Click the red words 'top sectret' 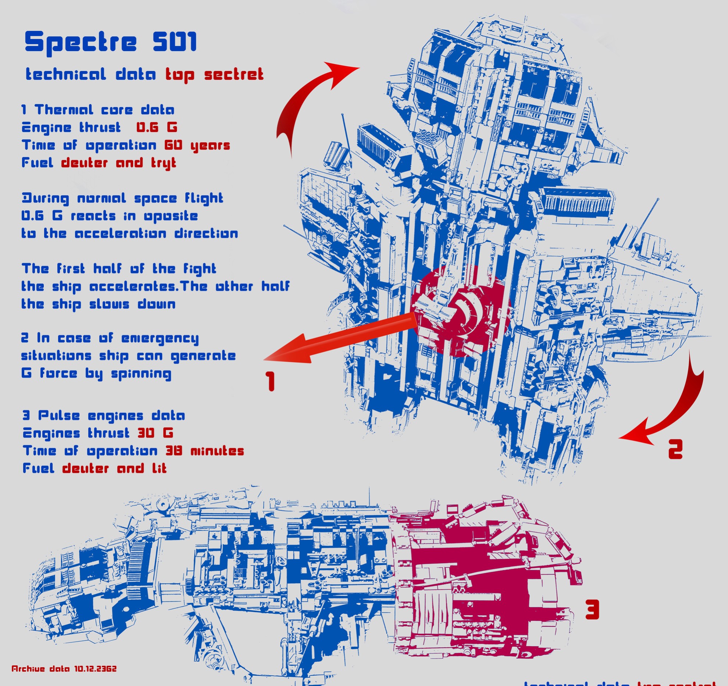(x=214, y=75)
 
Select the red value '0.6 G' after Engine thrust (x=157, y=128)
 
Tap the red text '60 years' (x=197, y=146)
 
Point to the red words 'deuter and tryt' (x=119, y=163)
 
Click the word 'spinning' (x=141, y=374)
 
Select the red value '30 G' (x=155, y=433)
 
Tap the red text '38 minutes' (x=205, y=451)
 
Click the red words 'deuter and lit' (x=114, y=468)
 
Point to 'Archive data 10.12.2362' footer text (x=64, y=669)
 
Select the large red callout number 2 (x=675, y=449)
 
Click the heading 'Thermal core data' (x=104, y=110)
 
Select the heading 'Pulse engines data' (x=111, y=416)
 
